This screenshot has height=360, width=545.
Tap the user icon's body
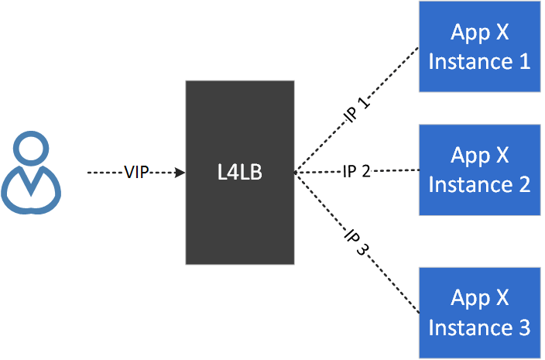pos(32,190)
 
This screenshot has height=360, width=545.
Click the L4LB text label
pos(240,172)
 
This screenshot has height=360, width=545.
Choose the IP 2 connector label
pos(358,171)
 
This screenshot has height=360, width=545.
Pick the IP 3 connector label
pos(357,241)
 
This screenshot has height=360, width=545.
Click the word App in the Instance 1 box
pos(469,34)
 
